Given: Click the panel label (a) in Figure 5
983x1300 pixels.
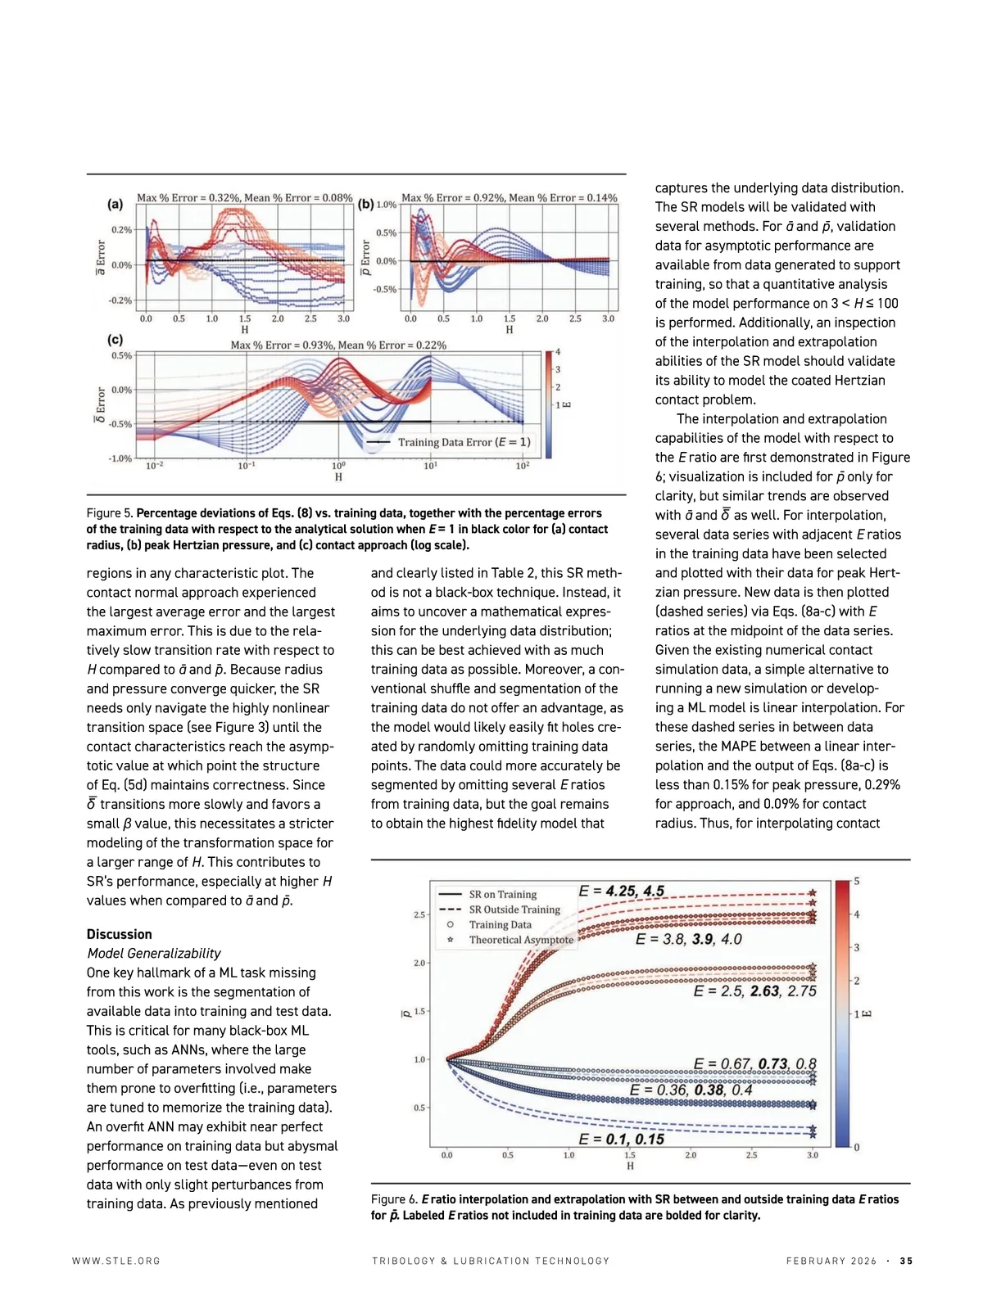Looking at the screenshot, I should pos(116,204).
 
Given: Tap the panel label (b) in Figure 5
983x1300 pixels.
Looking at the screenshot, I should pos(365,204).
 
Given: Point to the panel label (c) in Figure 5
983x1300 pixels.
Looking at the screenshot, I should pos(116,339).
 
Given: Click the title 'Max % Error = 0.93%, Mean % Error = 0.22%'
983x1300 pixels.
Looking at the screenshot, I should pos(338,345).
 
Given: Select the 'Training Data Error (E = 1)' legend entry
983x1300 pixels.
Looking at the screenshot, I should pos(464,442).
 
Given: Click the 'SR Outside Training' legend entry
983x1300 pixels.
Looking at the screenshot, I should pos(514,910).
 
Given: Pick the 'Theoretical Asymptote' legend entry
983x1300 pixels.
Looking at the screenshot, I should pos(520,940).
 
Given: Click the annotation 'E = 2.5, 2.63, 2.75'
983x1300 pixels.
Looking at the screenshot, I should pos(754,991).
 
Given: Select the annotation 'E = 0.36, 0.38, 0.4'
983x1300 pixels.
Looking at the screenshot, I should pos(691,1090).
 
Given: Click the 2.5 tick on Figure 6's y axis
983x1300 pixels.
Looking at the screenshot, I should pos(419,914).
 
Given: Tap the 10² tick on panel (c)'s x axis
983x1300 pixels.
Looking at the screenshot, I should pos(522,466).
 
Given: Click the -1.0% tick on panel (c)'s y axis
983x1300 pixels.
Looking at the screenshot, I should pos(120,458).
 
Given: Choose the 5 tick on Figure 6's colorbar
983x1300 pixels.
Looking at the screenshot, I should pos(857,881).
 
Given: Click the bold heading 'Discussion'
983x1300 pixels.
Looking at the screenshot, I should pos(119,934).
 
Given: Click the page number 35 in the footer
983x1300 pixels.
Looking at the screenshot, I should pos(906,1261).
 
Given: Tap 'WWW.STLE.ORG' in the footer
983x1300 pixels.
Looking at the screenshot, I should pos(116,1261).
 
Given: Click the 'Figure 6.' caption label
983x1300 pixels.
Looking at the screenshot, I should pos(395,1199).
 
